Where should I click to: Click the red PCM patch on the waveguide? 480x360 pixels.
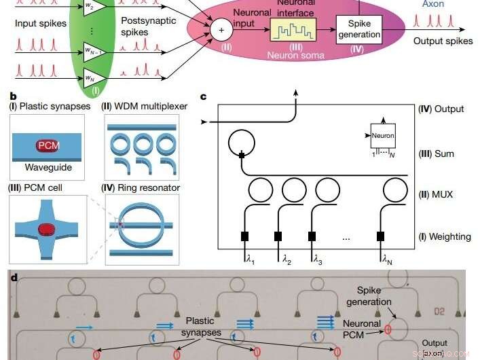coord(48,145)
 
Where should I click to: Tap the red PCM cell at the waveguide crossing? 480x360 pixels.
coord(47,229)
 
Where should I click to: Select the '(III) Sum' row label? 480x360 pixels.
coord(435,154)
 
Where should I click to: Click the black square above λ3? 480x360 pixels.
coord(312,236)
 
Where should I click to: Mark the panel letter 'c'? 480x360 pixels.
coord(204,96)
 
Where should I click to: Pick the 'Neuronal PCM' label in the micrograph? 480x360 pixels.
coord(361,329)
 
